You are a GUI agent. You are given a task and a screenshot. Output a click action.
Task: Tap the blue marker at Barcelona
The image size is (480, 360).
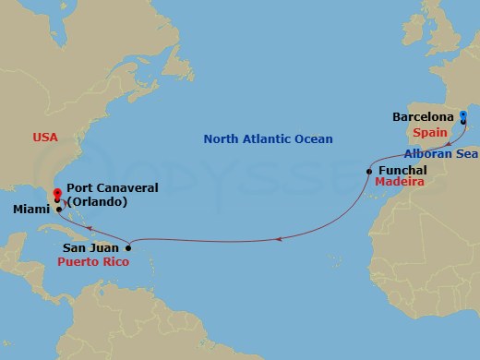(463, 116)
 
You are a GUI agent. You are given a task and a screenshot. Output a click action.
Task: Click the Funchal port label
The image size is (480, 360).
(401, 171)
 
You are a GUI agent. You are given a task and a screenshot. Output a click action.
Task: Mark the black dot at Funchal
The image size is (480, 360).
(368, 171)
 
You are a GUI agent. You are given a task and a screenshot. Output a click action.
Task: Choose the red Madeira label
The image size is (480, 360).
(399, 184)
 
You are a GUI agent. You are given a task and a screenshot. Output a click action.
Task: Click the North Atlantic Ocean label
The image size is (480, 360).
(268, 138)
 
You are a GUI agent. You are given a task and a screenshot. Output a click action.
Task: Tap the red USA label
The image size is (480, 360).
(45, 138)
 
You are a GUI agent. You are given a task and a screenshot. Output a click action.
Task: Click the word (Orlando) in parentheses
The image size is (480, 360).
(115, 201)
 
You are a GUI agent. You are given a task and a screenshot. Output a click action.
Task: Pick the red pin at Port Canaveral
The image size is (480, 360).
(57, 194)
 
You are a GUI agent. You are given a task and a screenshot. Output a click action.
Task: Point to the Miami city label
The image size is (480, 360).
(31, 210)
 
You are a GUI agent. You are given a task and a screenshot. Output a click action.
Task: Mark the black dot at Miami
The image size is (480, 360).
(58, 210)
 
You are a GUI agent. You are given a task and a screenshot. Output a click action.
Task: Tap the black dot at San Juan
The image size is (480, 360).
(128, 247)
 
